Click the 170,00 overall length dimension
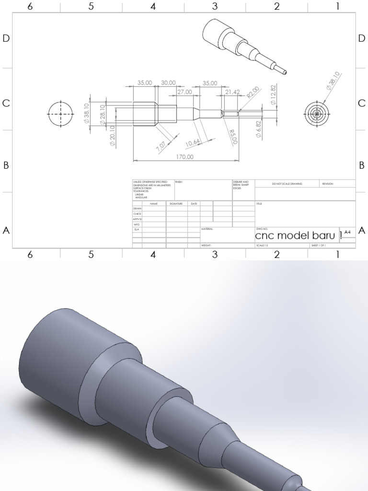click(185, 157)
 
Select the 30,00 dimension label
click(168, 83)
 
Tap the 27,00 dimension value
click(184, 92)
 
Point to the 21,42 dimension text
click(232, 92)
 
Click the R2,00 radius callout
click(253, 92)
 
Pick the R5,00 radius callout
click(233, 137)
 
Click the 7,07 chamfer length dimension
click(161, 147)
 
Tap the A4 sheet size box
click(347, 232)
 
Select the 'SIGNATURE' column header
click(176, 204)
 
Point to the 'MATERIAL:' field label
click(207, 229)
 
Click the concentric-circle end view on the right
click(317, 114)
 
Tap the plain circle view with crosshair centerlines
click(61, 114)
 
